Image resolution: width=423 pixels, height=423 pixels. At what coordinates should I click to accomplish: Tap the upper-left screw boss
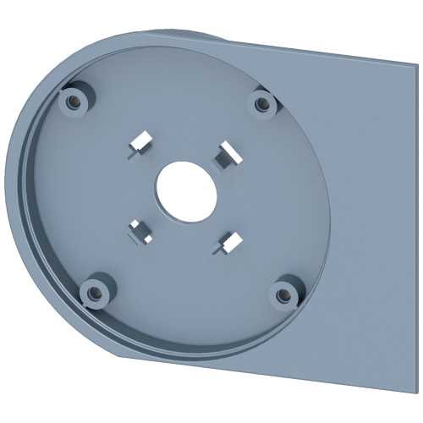(74, 100)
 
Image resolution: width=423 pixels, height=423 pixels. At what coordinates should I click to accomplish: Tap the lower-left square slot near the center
(136, 229)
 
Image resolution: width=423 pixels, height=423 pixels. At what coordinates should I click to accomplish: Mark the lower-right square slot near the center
(226, 240)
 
